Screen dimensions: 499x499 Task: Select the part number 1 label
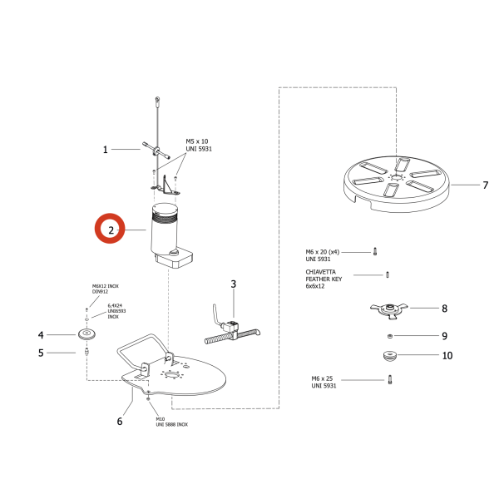click(106, 151)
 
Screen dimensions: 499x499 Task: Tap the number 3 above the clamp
click(234, 284)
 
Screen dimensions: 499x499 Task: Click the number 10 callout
click(447, 355)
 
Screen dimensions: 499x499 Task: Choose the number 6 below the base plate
click(120, 421)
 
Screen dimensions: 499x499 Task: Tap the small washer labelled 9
click(388, 336)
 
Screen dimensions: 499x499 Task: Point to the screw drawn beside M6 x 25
click(388, 380)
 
